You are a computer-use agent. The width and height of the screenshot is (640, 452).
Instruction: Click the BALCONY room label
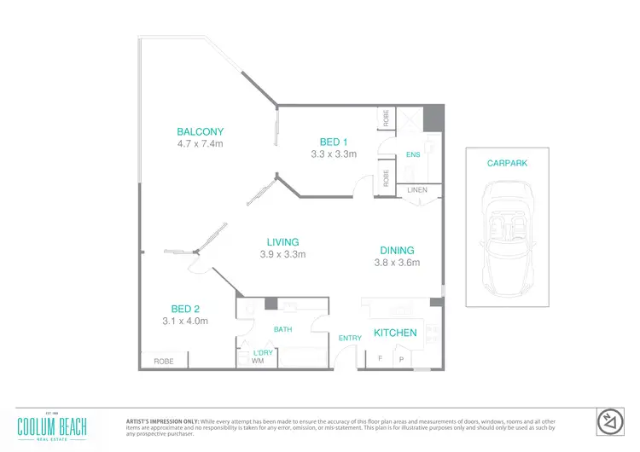point(200,131)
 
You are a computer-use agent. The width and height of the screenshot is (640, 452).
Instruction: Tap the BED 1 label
point(333,142)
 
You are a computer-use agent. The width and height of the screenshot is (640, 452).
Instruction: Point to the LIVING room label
point(282,242)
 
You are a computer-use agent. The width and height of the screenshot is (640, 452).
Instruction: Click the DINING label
point(397,251)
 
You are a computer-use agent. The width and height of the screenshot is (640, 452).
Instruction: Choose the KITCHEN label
point(395,333)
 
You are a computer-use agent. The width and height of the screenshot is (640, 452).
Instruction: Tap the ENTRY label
point(351,339)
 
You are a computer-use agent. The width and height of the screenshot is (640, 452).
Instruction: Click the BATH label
point(282,328)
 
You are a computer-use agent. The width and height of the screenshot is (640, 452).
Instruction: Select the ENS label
point(413,155)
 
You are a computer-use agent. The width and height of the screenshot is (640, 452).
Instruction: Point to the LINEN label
point(417,189)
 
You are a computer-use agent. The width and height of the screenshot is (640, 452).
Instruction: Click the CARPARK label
point(506,162)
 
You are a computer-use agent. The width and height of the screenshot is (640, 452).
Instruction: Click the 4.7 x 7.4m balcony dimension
point(200,143)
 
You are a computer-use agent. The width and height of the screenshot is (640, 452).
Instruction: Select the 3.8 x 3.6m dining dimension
point(397,263)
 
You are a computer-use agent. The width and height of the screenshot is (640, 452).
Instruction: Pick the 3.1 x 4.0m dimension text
point(185,321)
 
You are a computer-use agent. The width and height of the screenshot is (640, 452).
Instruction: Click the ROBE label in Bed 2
point(164,362)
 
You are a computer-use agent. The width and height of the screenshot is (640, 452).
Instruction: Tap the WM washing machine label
point(258,362)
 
